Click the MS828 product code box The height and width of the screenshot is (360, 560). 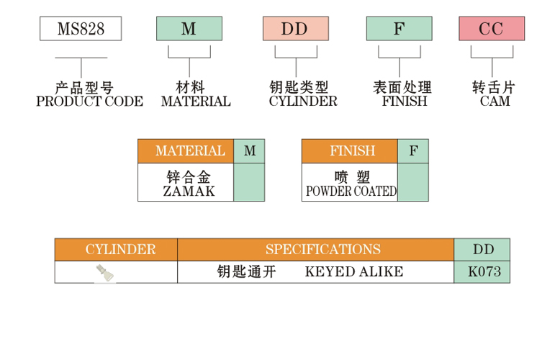[80, 29]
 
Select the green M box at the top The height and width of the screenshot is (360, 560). [189, 29]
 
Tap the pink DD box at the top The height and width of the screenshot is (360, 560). [295, 29]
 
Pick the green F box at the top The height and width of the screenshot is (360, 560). [399, 29]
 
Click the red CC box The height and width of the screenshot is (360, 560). [492, 29]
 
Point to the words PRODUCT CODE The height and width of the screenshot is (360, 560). [89, 102]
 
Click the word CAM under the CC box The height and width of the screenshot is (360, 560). [494, 102]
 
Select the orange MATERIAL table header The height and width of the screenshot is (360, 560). [186, 151]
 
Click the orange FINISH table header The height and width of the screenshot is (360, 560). [350, 151]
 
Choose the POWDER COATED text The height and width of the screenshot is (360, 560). [351, 192]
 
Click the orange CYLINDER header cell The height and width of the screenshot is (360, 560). [116, 250]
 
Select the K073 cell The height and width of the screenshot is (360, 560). [482, 272]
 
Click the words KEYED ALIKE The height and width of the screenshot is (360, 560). [353, 272]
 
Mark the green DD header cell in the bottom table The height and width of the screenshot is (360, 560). [482, 250]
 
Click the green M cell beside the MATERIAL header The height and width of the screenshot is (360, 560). [250, 151]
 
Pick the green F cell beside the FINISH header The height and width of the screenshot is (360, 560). [413, 151]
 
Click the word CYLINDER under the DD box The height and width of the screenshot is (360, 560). [303, 102]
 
